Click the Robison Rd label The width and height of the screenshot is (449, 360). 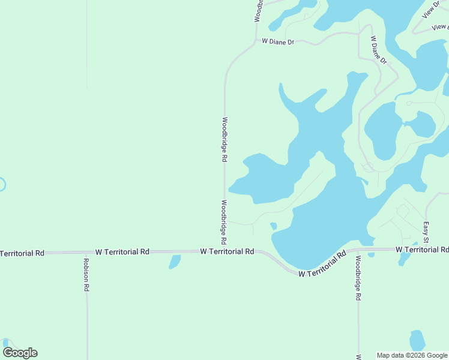pos(86,275)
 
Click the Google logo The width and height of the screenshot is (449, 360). pos(20,353)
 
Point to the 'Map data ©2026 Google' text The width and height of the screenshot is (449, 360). pos(412,355)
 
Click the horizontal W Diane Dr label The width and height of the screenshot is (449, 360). pos(278,42)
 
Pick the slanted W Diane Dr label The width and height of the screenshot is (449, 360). pos(378,50)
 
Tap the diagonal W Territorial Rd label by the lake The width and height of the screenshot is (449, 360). pos(323,263)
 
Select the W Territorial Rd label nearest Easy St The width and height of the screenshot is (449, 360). pos(422,249)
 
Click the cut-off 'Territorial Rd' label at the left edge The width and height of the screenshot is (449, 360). pos(22,254)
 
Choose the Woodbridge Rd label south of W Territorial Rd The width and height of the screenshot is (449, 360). pos(358,278)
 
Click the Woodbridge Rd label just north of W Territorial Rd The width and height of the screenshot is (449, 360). pos(223,221)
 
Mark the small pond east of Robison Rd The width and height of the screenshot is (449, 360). pos(175,262)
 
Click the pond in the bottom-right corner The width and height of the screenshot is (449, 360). pos(417,341)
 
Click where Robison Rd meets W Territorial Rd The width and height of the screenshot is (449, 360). pos(86,253)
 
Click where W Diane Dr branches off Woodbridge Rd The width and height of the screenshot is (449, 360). pos(255,42)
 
